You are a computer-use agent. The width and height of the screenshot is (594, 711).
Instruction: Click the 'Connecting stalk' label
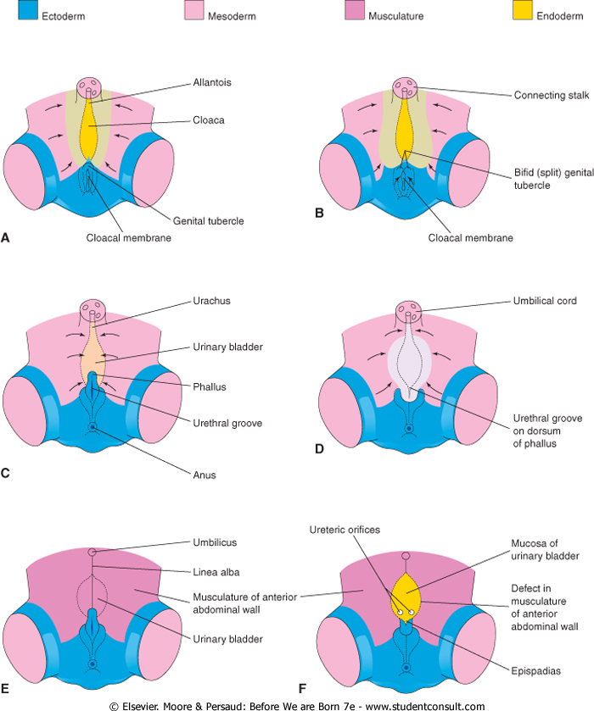pyautogui.click(x=550, y=95)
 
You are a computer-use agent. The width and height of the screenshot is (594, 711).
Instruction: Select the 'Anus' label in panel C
pyautogui.click(x=205, y=475)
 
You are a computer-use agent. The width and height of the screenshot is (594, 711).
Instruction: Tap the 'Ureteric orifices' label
pyautogui.click(x=355, y=530)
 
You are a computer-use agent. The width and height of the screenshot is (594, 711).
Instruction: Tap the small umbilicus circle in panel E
pyautogui.click(x=92, y=553)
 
